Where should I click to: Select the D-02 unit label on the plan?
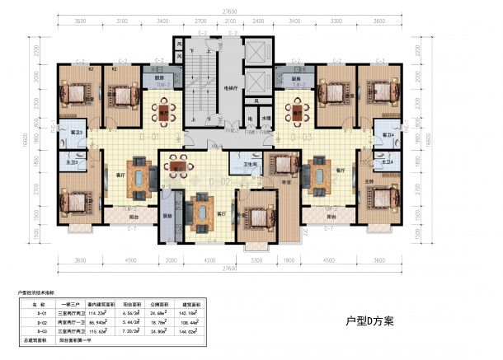pyautogui.click(x=219, y=181)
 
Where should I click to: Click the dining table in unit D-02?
pyautogui.click(x=176, y=167)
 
